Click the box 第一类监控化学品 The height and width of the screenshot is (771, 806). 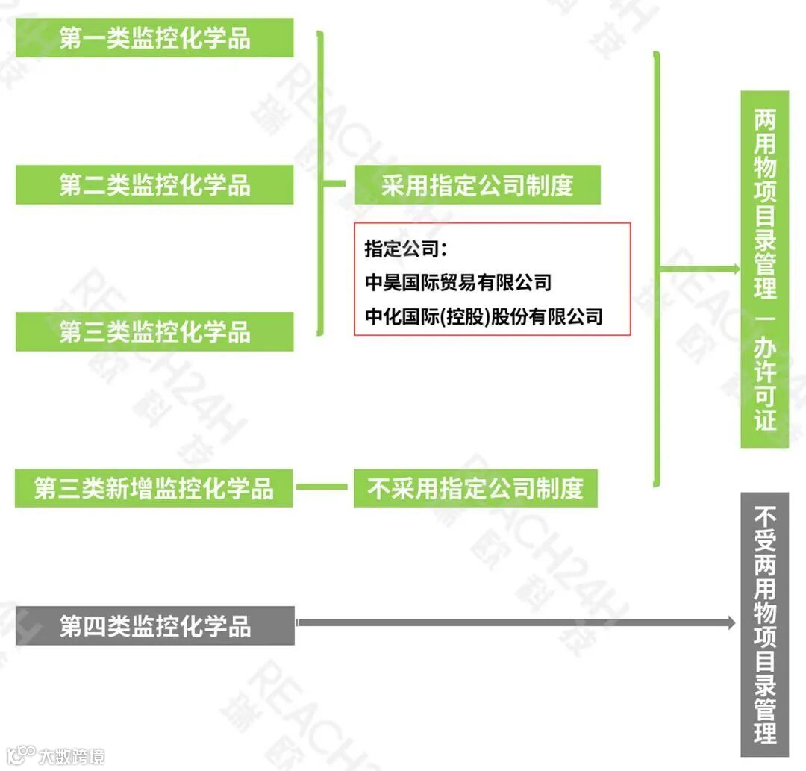tap(154, 38)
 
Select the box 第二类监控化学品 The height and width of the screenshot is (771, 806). tap(154, 184)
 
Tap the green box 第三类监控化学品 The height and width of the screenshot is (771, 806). tap(154, 331)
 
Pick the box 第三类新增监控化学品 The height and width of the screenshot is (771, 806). tap(154, 489)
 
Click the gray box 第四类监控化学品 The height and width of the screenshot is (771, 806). tap(154, 625)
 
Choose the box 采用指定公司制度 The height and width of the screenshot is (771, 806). tap(477, 184)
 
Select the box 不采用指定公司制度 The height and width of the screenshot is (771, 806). tap(475, 489)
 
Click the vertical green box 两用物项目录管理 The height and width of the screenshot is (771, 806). tap(764, 202)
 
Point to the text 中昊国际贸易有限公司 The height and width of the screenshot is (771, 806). tap(458, 283)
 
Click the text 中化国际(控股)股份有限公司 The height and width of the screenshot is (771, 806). tap(484, 316)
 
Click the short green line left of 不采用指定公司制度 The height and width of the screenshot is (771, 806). tap(322, 489)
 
